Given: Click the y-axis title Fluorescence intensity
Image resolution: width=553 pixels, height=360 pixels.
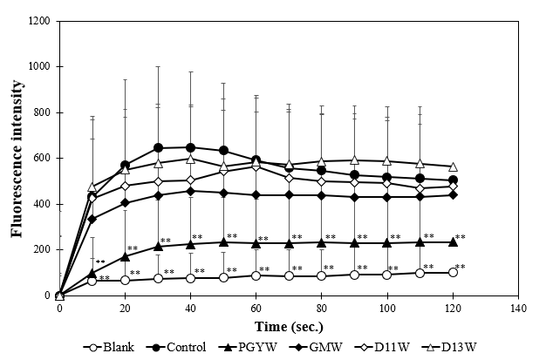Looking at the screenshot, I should pos(15,159).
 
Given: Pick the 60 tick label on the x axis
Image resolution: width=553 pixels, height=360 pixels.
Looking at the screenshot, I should pos(256,308).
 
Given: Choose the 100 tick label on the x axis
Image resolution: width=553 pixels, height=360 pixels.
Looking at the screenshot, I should pos(386,308).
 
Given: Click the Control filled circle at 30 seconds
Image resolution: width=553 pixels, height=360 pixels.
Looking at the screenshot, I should pos(158,148).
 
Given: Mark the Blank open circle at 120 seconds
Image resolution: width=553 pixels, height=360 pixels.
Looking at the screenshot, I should pos(453,272).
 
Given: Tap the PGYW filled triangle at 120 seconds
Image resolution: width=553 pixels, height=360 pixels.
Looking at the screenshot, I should pos(453,242).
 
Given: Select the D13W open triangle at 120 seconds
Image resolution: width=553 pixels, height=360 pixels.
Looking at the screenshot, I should pos(453,166).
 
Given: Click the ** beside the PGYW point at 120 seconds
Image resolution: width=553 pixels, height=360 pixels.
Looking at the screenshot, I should pos(461,237).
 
